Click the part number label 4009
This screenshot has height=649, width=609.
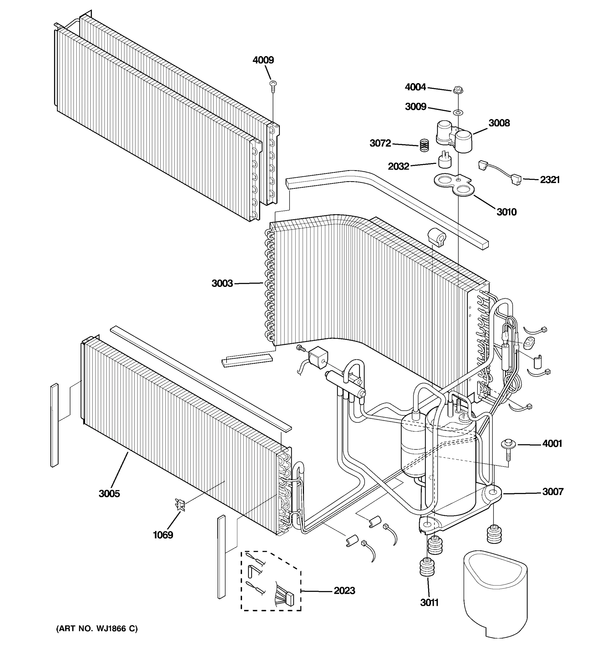(x=263, y=60)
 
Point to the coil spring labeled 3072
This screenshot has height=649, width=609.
(x=424, y=145)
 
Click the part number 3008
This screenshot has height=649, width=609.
(x=499, y=123)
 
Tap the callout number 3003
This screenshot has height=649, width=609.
(x=222, y=283)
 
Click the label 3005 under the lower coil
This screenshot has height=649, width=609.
(x=109, y=494)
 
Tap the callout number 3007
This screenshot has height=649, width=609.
(x=553, y=492)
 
